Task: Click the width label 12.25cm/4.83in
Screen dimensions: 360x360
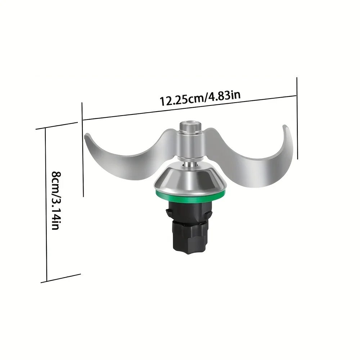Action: (200, 98)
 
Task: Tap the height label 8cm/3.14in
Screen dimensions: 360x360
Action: (55, 201)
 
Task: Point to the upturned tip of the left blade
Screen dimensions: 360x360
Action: (86, 136)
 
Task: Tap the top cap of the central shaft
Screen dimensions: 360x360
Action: (189, 126)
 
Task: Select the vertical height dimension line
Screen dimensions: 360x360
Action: (46, 205)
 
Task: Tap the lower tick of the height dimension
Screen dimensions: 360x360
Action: (60, 278)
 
